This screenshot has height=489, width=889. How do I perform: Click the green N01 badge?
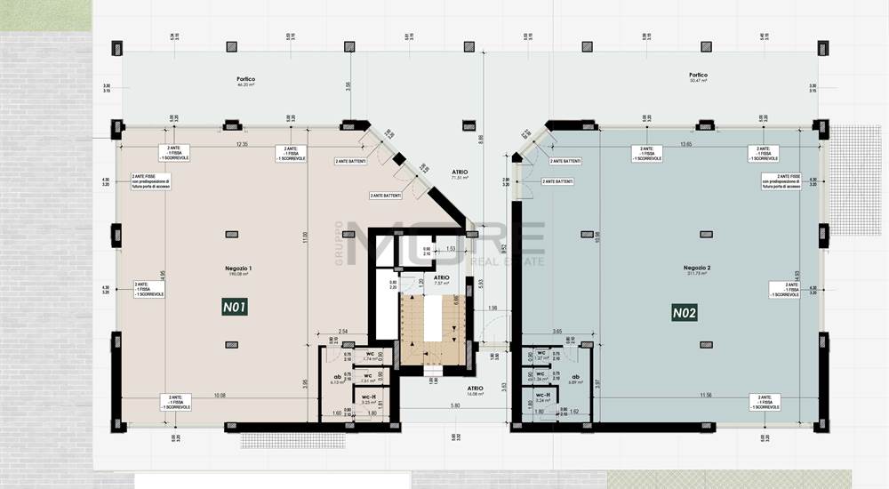coord(235,308)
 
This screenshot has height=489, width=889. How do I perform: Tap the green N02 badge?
coord(684,312)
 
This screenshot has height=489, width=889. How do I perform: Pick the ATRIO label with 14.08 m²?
coord(476,390)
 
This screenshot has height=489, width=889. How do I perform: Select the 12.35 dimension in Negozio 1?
coord(240,144)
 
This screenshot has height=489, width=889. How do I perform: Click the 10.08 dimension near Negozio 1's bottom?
coord(219,395)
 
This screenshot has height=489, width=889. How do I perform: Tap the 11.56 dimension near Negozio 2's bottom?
coord(705,395)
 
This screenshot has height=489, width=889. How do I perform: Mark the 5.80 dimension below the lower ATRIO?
coord(454,406)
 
